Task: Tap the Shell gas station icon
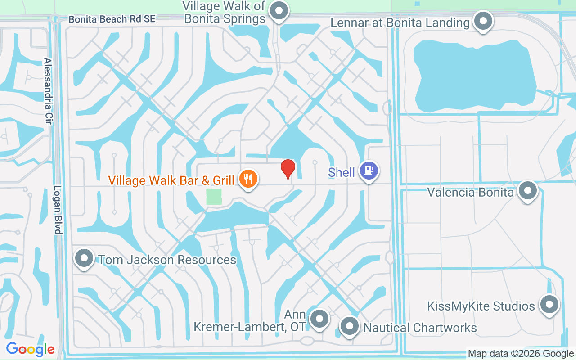pyautogui.click(x=369, y=171)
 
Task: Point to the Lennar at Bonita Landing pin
pyautogui.click(x=484, y=21)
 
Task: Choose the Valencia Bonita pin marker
pyautogui.click(x=528, y=191)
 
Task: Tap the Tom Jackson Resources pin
pyautogui.click(x=84, y=258)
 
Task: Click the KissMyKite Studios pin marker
pyautogui.click(x=549, y=305)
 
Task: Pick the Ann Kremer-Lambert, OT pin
pyautogui.click(x=320, y=319)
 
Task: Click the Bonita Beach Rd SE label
pyautogui.click(x=112, y=19)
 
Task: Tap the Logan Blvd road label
pyautogui.click(x=58, y=210)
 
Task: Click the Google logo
pyautogui.click(x=30, y=349)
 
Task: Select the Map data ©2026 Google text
pyautogui.click(x=521, y=354)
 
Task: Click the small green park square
pyautogui.click(x=214, y=197)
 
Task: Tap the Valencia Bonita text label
pyautogui.click(x=470, y=193)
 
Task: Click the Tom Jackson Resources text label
pyautogui.click(x=166, y=260)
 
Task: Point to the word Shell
pyautogui.click(x=342, y=172)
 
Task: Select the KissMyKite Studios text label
pyautogui.click(x=481, y=306)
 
